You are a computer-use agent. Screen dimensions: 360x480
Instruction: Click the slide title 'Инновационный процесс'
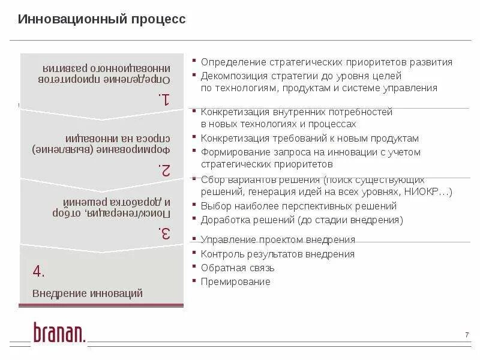coord(102,19)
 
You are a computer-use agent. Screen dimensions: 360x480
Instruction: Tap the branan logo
coord(59,333)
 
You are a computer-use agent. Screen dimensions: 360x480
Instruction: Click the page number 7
coord(467,334)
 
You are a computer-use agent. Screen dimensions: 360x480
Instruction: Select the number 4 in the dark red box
coord(38,271)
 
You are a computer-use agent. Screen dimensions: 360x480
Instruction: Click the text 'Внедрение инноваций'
coord(88,293)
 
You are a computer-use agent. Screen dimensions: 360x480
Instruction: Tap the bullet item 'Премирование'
coord(236,282)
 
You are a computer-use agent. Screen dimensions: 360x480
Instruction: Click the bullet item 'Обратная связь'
coord(238,268)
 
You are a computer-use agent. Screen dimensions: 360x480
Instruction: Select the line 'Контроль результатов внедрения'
coord(278,254)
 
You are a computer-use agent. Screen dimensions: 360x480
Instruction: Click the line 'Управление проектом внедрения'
coord(278,240)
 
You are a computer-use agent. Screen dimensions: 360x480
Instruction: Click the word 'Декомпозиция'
coord(230,76)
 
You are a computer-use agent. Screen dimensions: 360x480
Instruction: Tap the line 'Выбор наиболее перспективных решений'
coord(299,206)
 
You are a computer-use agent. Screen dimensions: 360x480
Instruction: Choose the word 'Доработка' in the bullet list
coord(222,220)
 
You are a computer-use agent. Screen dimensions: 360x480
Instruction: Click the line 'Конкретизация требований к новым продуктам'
coord(310,138)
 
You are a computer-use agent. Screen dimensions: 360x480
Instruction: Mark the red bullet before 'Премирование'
coord(194,281)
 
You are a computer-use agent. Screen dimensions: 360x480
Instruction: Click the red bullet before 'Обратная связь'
coord(194,267)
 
